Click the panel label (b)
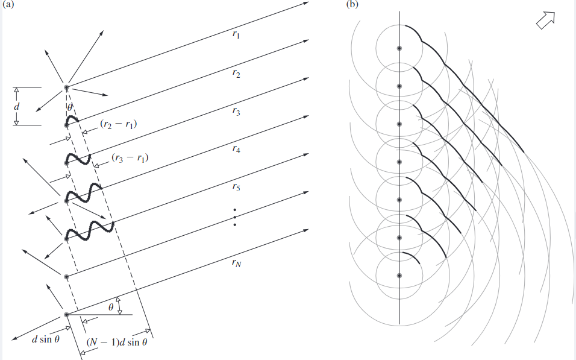tap(352, 5)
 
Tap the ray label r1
tap(236, 35)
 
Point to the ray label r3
tap(236, 112)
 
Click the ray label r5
tap(236, 187)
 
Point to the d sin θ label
tap(45, 339)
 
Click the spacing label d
tap(17, 106)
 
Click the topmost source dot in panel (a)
tap(67, 87)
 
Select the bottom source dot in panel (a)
tap(66, 314)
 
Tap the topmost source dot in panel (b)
tap(399, 48)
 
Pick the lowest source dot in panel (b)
tap(399, 276)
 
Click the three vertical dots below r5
tap(235, 217)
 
